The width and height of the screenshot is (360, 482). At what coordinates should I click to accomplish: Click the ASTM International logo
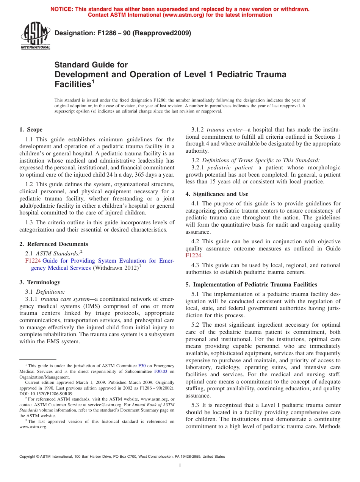coord(35,36)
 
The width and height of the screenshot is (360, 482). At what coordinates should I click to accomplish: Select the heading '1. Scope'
coord(31,130)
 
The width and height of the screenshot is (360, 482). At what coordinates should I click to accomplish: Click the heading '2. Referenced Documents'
coord(54,244)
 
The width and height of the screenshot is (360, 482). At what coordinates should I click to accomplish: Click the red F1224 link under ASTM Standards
coord(33,261)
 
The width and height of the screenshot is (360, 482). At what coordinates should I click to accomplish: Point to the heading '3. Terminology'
coord(40,282)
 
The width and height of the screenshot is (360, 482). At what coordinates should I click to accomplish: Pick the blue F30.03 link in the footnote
coord(161,372)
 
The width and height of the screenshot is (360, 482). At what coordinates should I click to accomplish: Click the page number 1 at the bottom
coord(180,466)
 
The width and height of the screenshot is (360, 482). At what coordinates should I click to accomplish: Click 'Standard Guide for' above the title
coord(91,65)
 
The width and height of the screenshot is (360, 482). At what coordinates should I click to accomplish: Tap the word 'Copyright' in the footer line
coord(28,457)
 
